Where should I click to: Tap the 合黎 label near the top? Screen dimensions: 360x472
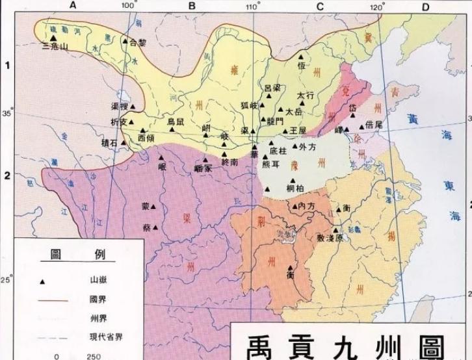(138, 43)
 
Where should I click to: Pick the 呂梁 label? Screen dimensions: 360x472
(273, 88)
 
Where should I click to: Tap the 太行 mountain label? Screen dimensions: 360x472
(306, 96)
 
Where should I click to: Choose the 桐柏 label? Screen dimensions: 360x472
(295, 188)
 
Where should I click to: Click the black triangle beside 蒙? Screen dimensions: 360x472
(153, 207)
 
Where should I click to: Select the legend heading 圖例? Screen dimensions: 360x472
(73, 255)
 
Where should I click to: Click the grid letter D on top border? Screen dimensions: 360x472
(425, 6)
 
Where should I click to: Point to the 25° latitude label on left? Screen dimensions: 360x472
(6, 280)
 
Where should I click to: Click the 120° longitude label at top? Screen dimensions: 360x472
(376, 6)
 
